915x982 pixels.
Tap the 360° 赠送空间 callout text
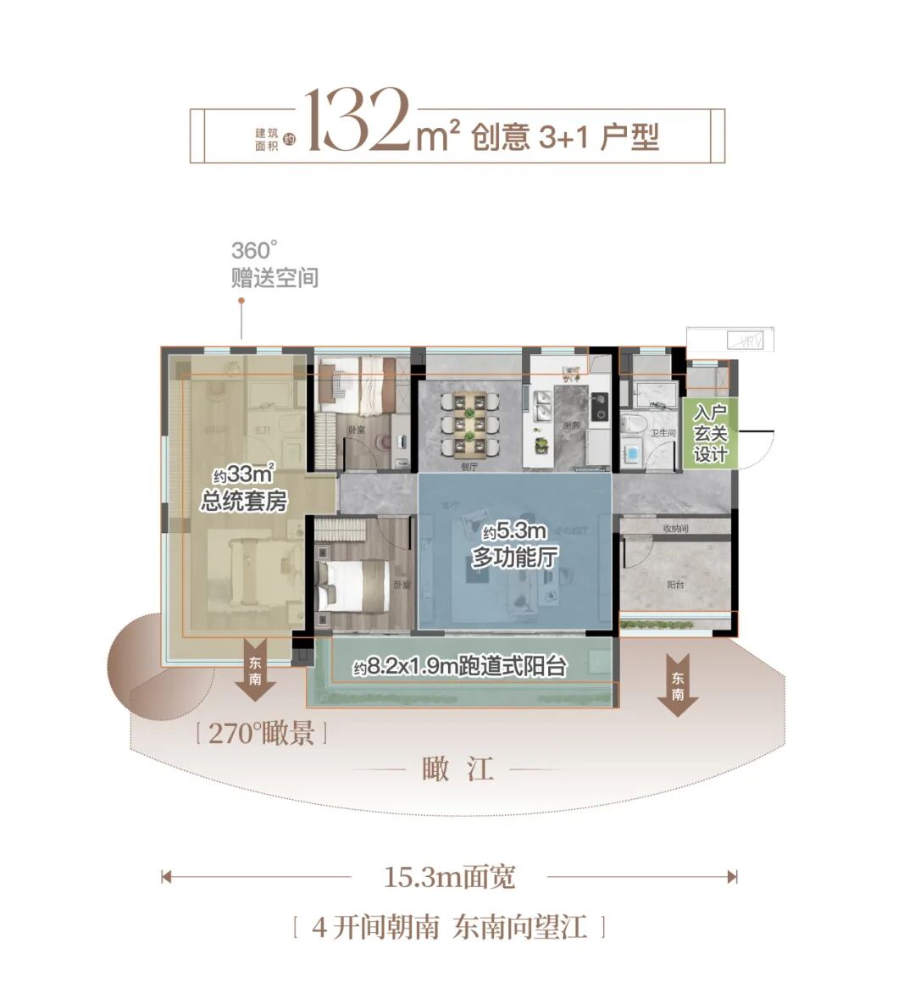pos(274,264)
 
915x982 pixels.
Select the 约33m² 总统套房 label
pos(244,489)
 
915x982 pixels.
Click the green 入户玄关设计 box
pos(710,434)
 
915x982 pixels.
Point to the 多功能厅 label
pos(514,546)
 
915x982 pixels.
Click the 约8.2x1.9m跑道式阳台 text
pos(460,668)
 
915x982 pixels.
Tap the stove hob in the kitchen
pos(600,406)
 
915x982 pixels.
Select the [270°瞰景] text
pos(261,733)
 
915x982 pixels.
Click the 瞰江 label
pos(457,770)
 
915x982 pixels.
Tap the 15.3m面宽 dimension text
pos(449,877)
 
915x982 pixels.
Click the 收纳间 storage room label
pos(675,529)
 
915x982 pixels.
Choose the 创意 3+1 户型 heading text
pos(565,136)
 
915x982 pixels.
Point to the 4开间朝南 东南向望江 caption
pos(449,927)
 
